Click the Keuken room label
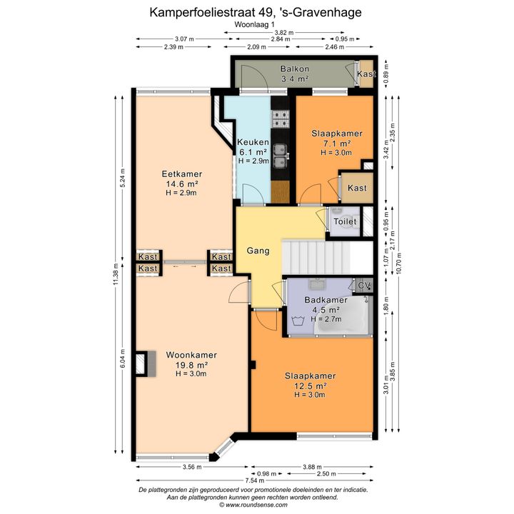point(253,142)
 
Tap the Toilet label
point(345,221)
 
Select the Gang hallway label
point(258,251)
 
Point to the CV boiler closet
point(364,285)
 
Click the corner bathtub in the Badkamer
point(343,316)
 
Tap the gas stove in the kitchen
point(281,119)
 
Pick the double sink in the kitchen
point(281,156)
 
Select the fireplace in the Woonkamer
point(146,364)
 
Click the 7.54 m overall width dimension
point(255,480)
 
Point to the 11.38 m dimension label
point(116,274)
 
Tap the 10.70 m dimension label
point(398,263)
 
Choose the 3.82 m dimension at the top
point(284,32)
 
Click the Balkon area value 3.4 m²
point(295,79)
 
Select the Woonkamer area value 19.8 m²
point(191,365)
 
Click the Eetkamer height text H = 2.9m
point(181,193)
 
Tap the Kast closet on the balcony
point(366,74)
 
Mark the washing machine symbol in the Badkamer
point(298,321)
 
